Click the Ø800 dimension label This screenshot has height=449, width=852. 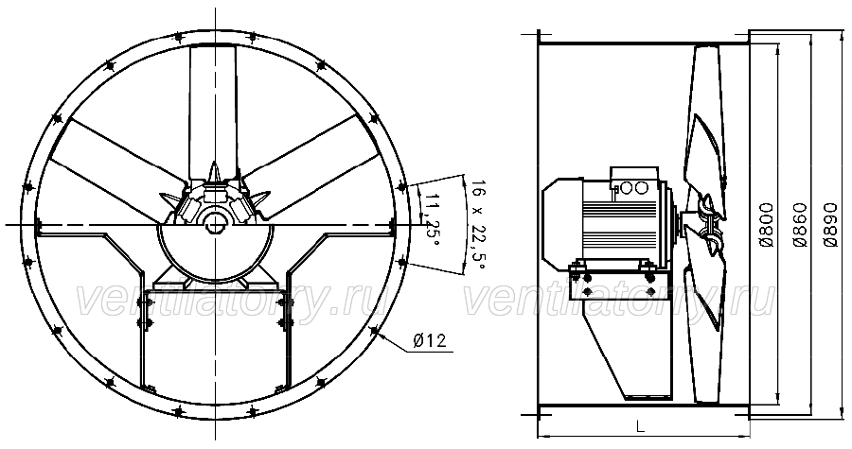coord(767,225)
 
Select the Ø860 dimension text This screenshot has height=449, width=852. coord(799,225)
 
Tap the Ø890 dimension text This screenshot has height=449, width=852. coord(830,225)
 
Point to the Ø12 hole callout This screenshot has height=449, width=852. coord(429,340)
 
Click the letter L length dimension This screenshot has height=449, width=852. coord(641,426)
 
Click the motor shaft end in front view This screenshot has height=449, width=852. coord(216,223)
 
